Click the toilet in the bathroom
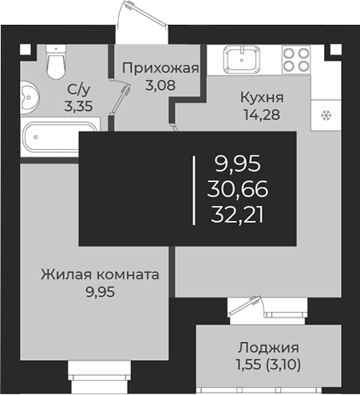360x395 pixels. pyautogui.click(x=56, y=61)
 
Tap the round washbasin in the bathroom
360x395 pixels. pyautogui.click(x=30, y=97)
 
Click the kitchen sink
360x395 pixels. pyautogui.click(x=242, y=59)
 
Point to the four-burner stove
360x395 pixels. pyautogui.click(x=296, y=60)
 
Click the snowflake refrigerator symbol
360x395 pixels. pyautogui.click(x=326, y=116)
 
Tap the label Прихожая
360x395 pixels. pyautogui.click(x=160, y=68)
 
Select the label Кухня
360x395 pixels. pyautogui.click(x=262, y=97)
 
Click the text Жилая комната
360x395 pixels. pyautogui.click(x=100, y=275)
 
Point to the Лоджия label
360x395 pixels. pyautogui.click(x=268, y=348)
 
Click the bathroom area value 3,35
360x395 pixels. pyautogui.click(x=78, y=107)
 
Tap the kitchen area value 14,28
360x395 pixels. pyautogui.click(x=262, y=115)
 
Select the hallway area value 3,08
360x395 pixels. pyautogui.click(x=160, y=85)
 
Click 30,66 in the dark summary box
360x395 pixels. pyautogui.click(x=238, y=189)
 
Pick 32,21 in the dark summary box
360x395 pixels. pyautogui.click(x=237, y=215)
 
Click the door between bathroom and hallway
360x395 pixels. pyautogui.click(x=120, y=97)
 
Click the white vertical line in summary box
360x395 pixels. pyautogui.click(x=194, y=191)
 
